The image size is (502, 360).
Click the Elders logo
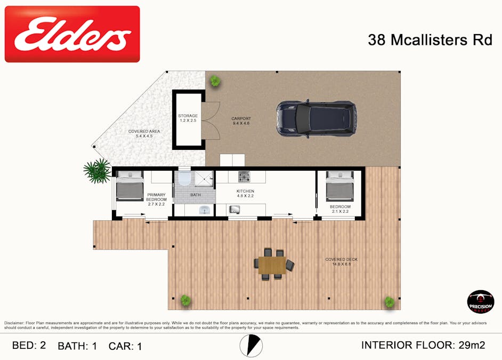(x=72, y=34)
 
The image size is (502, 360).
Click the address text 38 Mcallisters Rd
(x=430, y=40)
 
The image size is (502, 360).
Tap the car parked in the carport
(x=316, y=119)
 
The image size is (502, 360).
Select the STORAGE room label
(x=188, y=118)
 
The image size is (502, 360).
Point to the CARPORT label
(x=241, y=121)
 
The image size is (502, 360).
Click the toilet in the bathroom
(x=184, y=178)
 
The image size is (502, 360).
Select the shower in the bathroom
(x=203, y=178)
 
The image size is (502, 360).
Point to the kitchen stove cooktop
(x=244, y=177)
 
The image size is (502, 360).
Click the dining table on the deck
(x=272, y=264)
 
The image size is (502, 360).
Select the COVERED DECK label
(x=342, y=262)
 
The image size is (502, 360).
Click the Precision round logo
(x=480, y=301)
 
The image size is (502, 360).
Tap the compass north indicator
(x=251, y=346)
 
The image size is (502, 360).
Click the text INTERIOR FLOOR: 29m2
(x=423, y=345)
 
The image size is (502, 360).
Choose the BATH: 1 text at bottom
(x=77, y=346)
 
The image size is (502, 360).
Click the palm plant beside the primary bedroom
(x=98, y=171)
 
